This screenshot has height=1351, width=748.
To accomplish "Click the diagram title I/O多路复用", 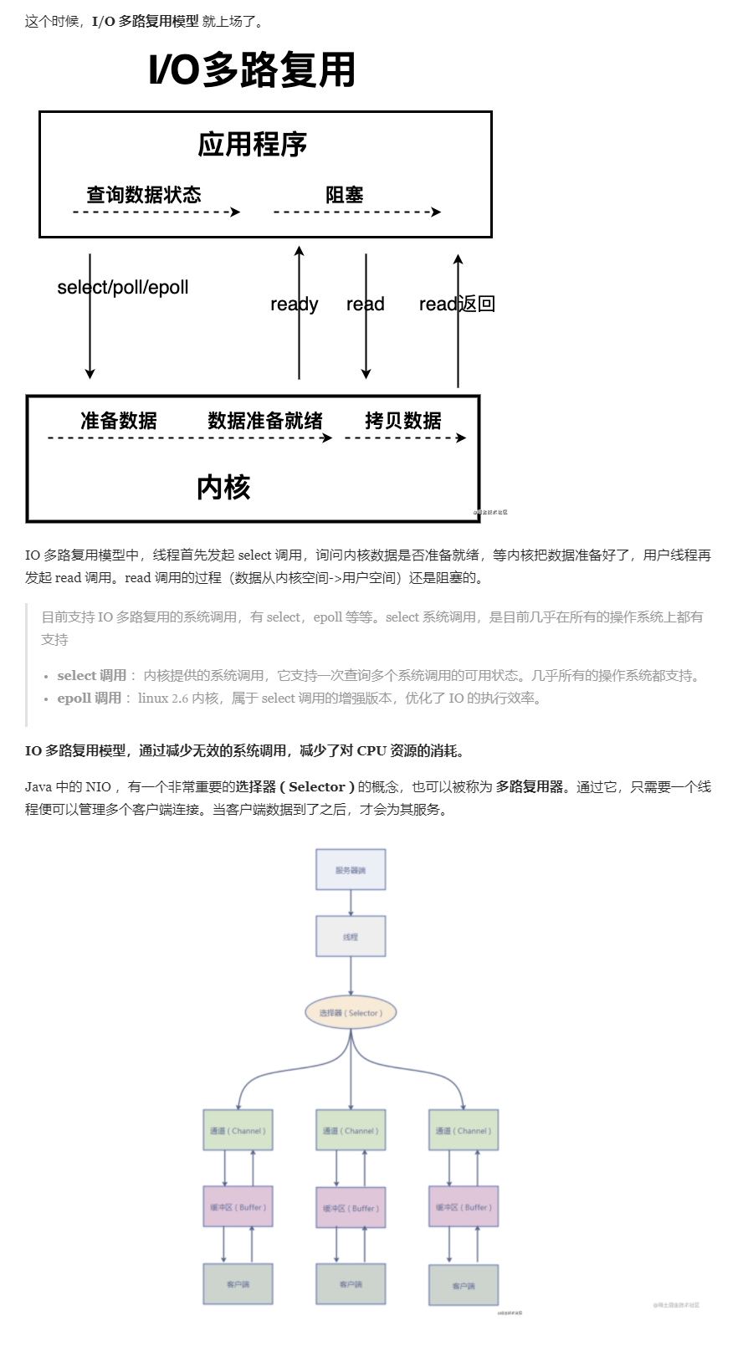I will tap(252, 70).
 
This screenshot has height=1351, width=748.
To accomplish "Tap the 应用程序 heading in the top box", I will tap(252, 145).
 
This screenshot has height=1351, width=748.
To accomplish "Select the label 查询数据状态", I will tap(144, 195).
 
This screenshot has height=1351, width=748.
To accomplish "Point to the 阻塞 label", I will tap(344, 195).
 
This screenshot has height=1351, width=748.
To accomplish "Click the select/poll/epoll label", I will tap(123, 288).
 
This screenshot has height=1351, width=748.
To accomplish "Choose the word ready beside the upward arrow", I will tap(294, 304).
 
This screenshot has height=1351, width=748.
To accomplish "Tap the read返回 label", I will tap(457, 304).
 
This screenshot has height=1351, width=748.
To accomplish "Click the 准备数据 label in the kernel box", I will tap(119, 421).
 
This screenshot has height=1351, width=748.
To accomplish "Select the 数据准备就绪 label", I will tap(265, 421).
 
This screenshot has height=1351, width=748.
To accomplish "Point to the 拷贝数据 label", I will tap(403, 421).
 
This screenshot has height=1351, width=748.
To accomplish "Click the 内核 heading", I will tap(223, 487).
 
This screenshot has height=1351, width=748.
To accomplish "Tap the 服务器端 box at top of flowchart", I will tap(351, 870).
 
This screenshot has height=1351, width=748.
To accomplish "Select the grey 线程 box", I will tap(351, 937).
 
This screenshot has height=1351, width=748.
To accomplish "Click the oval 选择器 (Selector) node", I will tap(351, 1013).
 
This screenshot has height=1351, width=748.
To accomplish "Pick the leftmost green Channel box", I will tap(238, 1131).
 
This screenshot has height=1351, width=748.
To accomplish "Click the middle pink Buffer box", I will tap(351, 1208).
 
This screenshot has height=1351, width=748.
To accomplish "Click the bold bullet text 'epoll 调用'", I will tap(90, 699).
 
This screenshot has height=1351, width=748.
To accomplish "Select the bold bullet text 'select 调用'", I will tap(92, 676).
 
